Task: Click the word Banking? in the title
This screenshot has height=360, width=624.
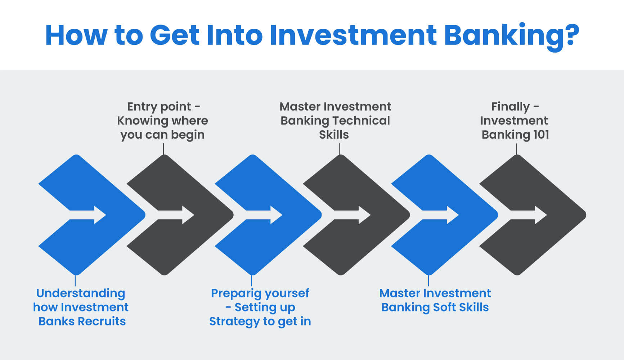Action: pos(511,35)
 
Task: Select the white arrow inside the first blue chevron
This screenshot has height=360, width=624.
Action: pos(87,215)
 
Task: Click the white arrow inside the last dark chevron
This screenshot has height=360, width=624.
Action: pos(529,215)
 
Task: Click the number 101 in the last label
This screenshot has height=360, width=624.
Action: pos(541,135)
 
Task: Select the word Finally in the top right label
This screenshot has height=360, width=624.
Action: pos(510,107)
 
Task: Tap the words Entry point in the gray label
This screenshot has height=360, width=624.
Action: pos(159,107)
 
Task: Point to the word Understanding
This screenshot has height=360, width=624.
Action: pos(81,293)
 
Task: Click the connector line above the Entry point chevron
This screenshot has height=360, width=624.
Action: pos(163,149)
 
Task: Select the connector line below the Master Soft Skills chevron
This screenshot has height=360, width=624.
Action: pos(428,280)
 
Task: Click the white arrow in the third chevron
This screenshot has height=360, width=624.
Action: pos(264,215)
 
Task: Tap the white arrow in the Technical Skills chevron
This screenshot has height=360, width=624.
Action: pos(352,215)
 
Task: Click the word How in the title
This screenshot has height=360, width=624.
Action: pos(76,35)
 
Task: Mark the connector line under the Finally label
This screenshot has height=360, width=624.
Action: pos(516,149)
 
